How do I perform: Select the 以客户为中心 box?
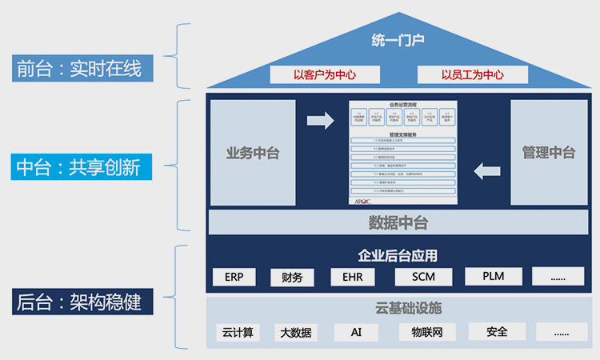point(324,74)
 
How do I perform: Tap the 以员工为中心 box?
point(472,74)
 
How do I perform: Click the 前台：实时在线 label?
point(78,69)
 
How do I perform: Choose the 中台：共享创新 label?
point(78,167)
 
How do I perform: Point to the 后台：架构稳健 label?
point(78,303)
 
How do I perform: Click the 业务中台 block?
point(253,153)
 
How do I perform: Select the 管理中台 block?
point(548,153)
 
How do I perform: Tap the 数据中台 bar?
point(398,222)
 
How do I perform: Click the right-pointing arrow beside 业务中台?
point(321,121)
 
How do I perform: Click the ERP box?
point(234,278)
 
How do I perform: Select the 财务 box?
point(292,278)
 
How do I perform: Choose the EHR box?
point(352,278)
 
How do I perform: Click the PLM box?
point(493,277)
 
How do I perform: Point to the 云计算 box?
point(238,332)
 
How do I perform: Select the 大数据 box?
point(295,332)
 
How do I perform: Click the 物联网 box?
point(422,331)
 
